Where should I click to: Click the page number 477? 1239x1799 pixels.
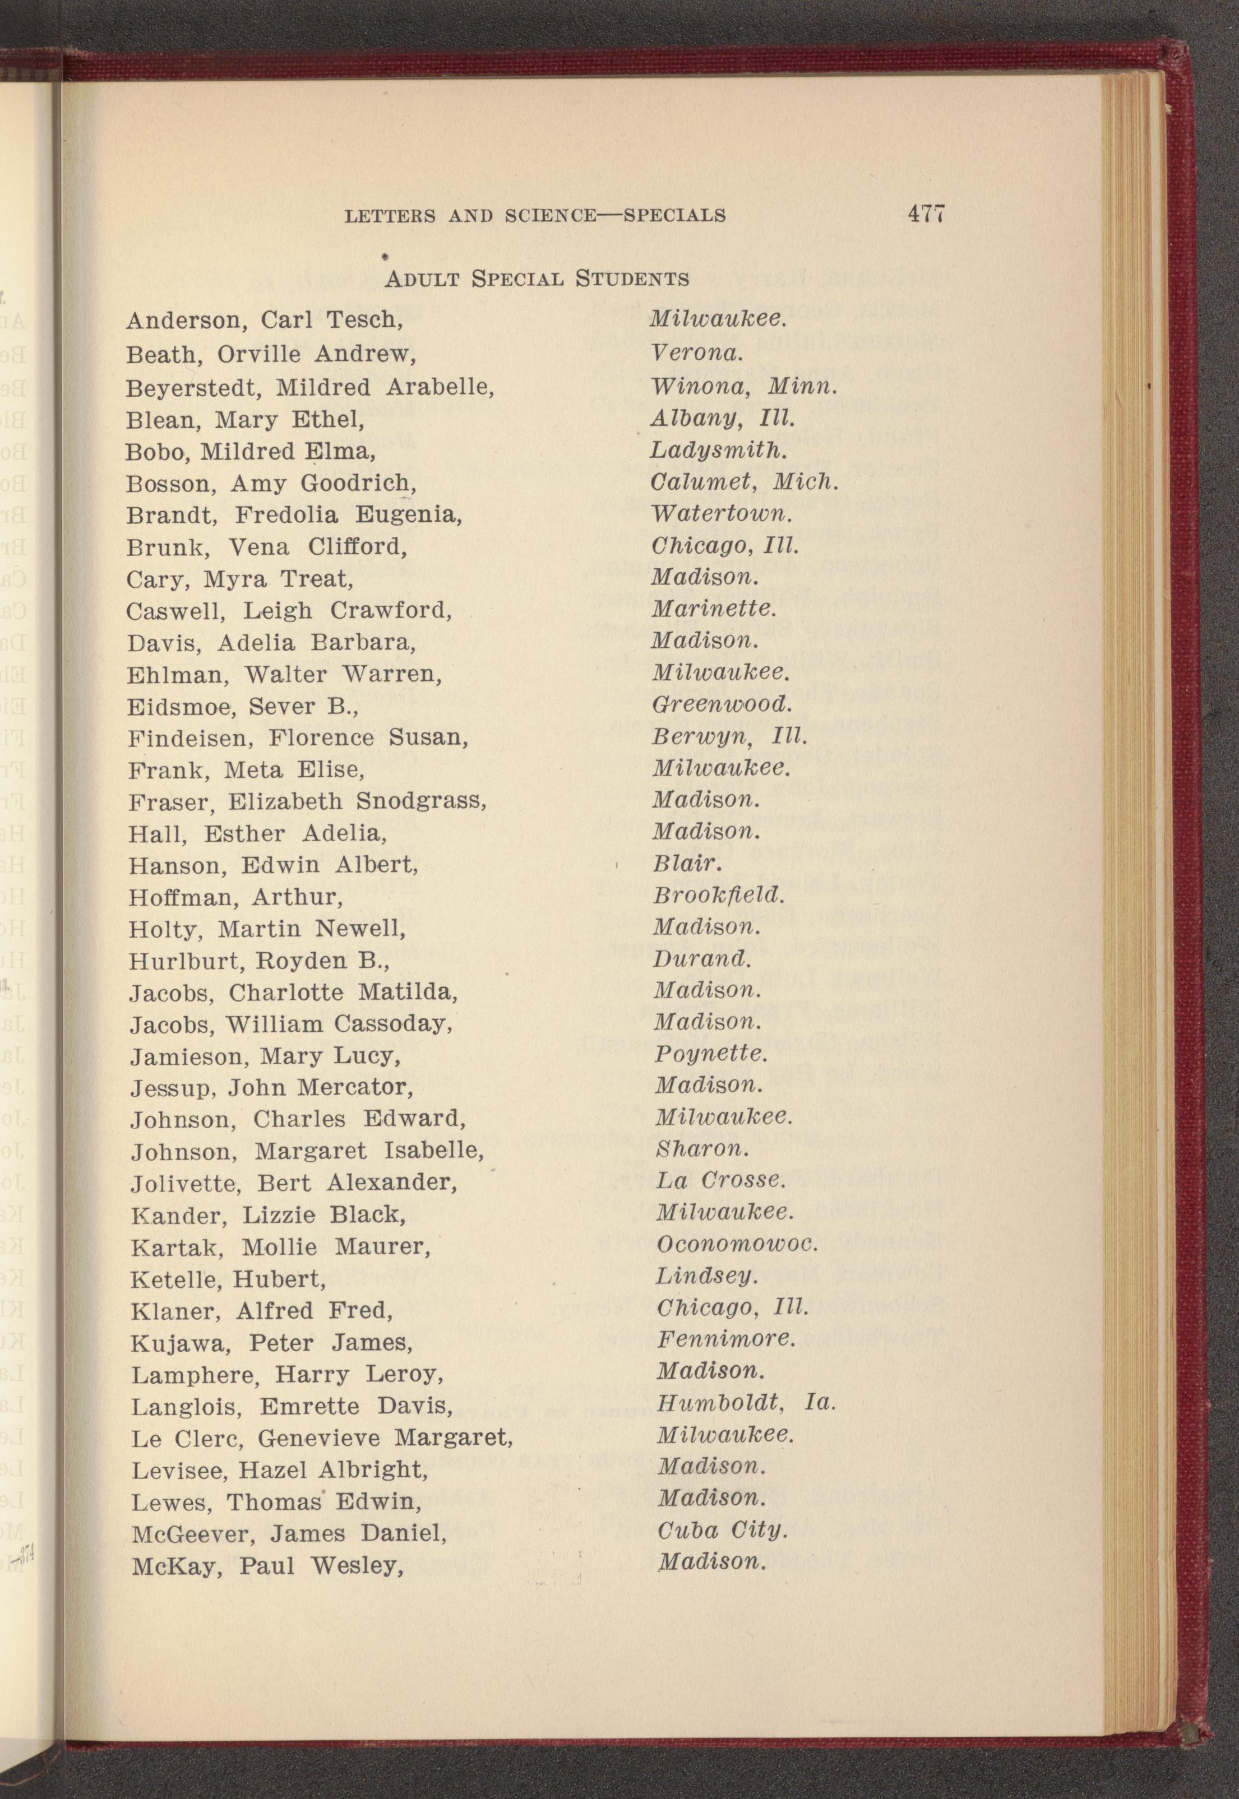coord(926,214)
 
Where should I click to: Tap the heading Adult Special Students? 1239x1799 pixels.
coord(537,279)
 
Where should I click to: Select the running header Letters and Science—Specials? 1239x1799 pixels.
coord(535,216)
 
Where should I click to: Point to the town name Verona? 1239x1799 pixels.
coord(697,353)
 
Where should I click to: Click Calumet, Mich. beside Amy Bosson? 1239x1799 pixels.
coord(745,482)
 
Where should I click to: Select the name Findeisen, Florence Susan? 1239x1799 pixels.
coord(298,738)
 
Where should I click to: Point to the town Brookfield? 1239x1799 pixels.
coord(719,896)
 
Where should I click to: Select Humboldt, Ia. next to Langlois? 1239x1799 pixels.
coord(745,1403)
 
